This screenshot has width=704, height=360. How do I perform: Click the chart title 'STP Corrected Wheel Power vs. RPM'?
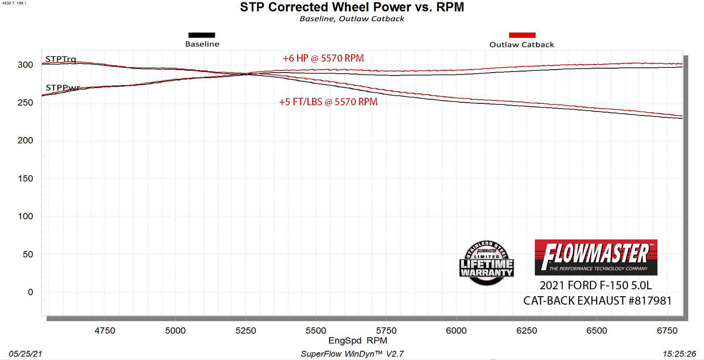[x=352, y=7]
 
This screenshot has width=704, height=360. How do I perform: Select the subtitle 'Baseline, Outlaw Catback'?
[x=352, y=19]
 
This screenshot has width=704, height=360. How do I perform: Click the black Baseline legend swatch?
[x=202, y=35]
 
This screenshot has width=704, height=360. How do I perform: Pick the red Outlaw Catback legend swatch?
[x=522, y=35]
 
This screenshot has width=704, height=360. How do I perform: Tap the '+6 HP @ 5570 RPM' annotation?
[x=323, y=58]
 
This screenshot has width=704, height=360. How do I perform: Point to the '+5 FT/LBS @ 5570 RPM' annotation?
[x=328, y=102]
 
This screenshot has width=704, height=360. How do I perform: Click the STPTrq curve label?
[x=60, y=59]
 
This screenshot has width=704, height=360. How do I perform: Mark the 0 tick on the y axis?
[x=30, y=292]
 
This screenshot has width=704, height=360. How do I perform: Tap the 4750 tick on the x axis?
[x=105, y=330]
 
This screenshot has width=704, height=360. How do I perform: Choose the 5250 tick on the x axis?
[x=246, y=330]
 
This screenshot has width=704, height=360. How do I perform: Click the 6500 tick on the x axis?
[x=597, y=330]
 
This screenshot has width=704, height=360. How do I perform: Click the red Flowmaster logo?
[x=596, y=257]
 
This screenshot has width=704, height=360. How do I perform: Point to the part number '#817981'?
[x=649, y=301]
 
